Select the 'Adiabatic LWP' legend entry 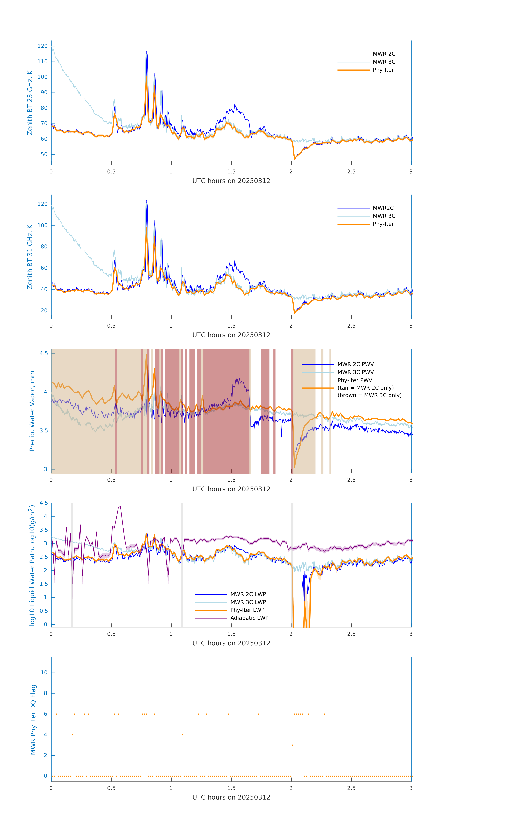click(x=249, y=618)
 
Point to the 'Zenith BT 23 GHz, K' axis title click(x=30, y=103)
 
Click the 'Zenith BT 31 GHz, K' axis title click(x=30, y=257)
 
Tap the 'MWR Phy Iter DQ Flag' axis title click(x=33, y=720)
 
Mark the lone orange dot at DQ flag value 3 click(x=293, y=745)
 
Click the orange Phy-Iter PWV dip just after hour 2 click(x=295, y=467)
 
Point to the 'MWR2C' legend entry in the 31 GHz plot click(x=383, y=208)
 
